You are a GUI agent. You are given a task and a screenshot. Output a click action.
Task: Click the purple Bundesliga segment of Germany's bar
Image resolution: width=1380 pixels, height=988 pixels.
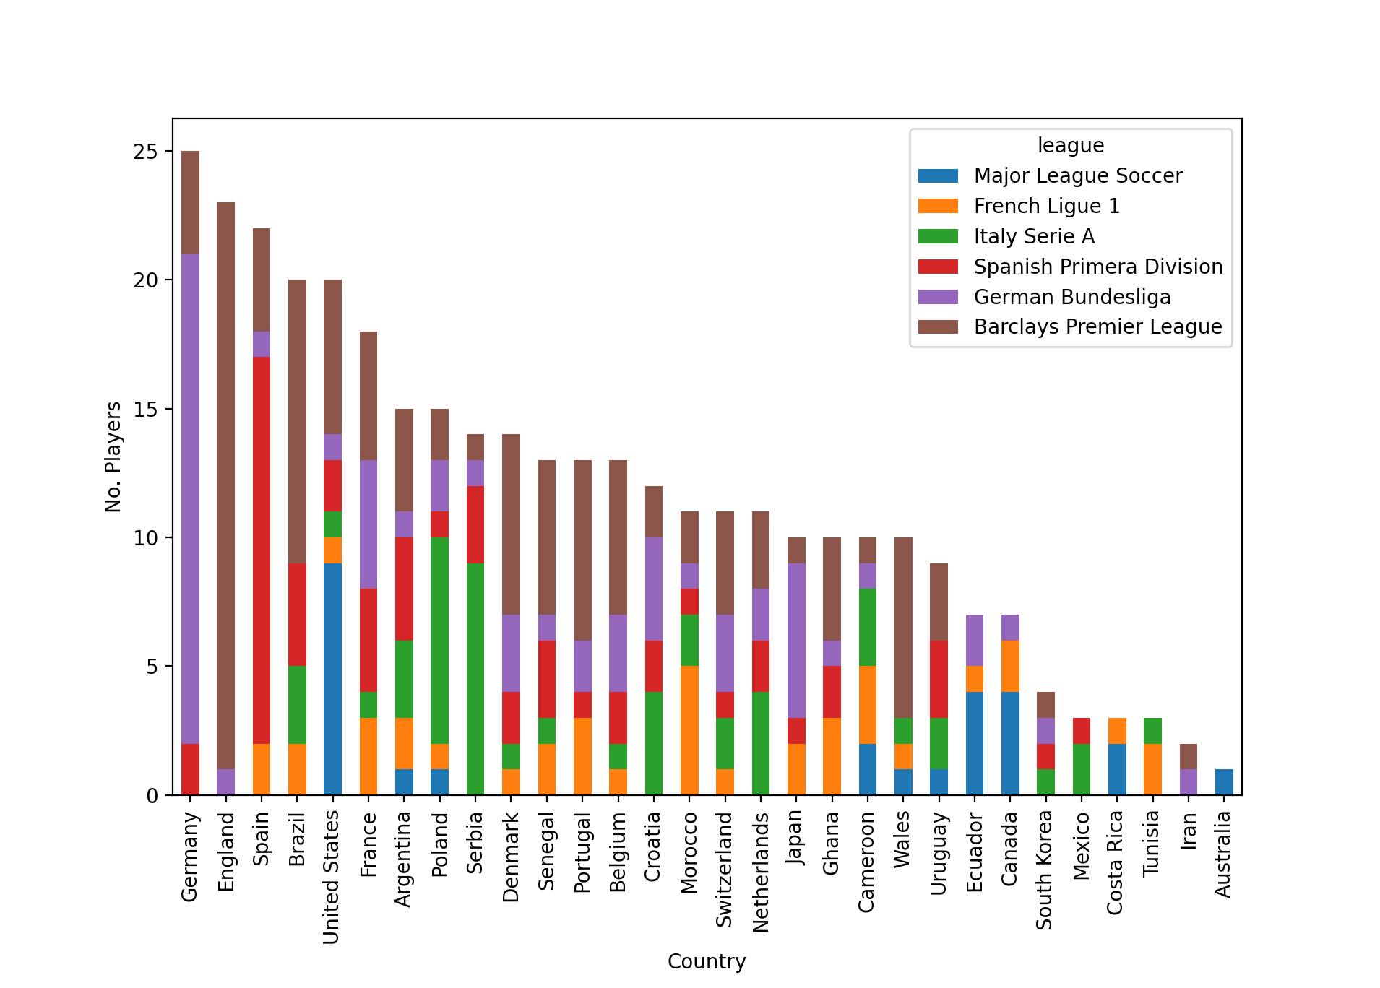click(190, 498)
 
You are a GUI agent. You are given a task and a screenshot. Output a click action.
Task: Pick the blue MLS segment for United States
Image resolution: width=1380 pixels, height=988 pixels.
click(332, 679)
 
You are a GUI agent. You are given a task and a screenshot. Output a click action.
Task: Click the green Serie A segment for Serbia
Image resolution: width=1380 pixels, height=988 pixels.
click(475, 679)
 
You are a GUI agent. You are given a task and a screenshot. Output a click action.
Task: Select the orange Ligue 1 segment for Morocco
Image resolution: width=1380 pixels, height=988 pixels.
click(689, 730)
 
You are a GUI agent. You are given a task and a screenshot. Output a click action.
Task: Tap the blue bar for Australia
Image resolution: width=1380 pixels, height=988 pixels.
click(1224, 782)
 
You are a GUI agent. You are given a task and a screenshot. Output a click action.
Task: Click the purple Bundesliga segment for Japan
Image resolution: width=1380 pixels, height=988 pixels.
click(796, 640)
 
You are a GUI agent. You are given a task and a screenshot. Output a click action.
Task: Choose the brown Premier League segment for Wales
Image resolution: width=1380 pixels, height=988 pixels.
click(903, 627)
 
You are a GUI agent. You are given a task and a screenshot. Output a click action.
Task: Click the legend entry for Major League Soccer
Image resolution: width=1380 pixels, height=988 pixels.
click(1078, 175)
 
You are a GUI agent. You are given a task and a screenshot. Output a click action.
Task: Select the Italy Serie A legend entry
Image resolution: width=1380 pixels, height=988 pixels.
click(1034, 236)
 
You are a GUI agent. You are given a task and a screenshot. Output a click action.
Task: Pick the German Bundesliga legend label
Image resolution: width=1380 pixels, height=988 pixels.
click(1072, 297)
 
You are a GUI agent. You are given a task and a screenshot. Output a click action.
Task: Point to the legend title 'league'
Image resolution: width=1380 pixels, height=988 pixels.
click(1071, 145)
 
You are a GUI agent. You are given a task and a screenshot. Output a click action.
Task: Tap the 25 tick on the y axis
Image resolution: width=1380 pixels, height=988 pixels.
click(145, 152)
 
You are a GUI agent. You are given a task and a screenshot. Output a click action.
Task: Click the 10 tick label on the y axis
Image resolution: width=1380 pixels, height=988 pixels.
click(145, 538)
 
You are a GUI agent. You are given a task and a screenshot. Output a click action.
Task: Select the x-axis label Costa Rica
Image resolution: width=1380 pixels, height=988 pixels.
click(1115, 862)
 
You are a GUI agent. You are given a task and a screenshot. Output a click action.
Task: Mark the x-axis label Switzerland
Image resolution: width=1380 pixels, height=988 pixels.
click(724, 870)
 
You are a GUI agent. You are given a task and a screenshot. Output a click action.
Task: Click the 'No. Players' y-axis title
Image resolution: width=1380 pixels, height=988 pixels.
click(113, 457)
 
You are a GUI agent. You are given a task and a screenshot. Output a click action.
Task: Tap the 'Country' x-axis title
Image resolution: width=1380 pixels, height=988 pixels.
click(707, 961)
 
